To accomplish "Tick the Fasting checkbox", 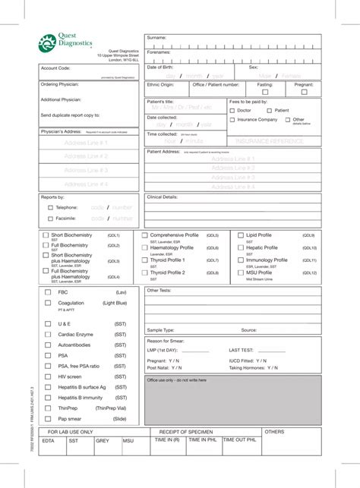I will coord(265,92).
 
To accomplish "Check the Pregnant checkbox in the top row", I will coord(304,92).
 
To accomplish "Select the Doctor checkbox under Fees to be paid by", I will coord(232,111).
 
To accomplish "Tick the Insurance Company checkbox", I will coord(232,120).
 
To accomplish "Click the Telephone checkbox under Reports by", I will coord(50,207).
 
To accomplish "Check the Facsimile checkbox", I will coord(50,219).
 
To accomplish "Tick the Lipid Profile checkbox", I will coord(241,236).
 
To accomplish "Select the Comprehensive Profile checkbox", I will coord(145,236).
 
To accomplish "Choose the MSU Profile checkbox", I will coord(241,272).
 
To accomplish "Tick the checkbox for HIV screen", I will coord(47,376).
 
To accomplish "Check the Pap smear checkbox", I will coord(47,418).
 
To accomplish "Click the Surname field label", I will coord(156,37).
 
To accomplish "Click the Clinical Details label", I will coord(162,197).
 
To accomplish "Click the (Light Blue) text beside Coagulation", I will coord(115,303).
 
